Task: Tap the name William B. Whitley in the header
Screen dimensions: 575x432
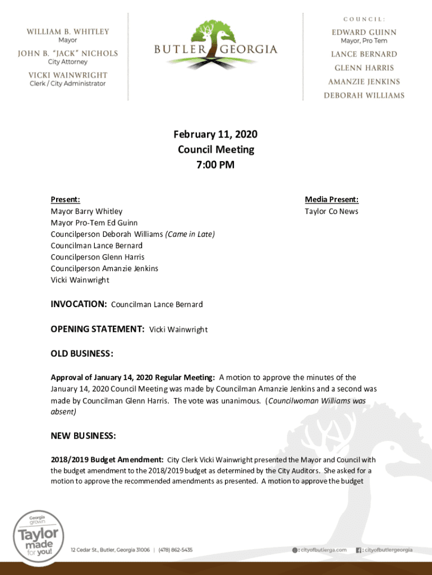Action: tap(68, 31)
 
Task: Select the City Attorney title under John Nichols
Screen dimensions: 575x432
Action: tap(67, 62)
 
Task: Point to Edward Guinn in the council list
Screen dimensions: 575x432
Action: tap(364, 32)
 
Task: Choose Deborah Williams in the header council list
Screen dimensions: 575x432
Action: tap(364, 95)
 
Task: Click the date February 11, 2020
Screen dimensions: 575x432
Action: tap(215, 134)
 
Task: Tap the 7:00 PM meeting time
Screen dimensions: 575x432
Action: tap(215, 165)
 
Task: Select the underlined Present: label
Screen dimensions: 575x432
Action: tap(65, 199)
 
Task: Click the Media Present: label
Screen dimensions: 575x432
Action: tap(332, 199)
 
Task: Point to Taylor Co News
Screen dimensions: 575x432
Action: tap(331, 211)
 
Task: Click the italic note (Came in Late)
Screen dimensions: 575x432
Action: tap(190, 234)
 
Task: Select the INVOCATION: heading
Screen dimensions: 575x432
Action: tap(79, 304)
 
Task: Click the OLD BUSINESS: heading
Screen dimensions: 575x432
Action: tap(82, 354)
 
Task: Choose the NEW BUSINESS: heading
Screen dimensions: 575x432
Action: tap(83, 436)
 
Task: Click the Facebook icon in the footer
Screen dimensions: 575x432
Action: tap(359, 550)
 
